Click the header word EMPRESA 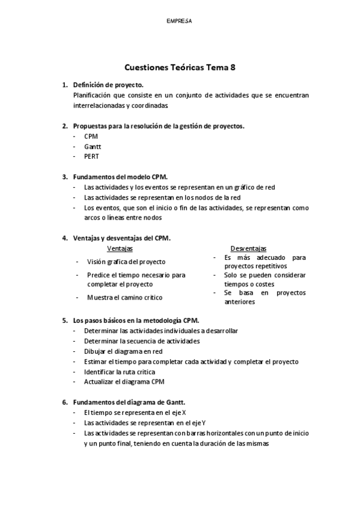click(x=180, y=21)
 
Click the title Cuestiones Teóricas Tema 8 click(x=180, y=68)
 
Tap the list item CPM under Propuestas click(x=91, y=136)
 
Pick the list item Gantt click(x=93, y=146)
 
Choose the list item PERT click(x=92, y=156)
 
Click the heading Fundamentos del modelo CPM click(x=120, y=177)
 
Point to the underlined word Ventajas click(x=120, y=248)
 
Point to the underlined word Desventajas click(x=249, y=248)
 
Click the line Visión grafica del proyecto click(x=126, y=262)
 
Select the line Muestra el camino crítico click(x=124, y=297)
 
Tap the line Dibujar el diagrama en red click(x=124, y=351)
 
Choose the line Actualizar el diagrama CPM click(x=124, y=382)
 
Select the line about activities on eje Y click(x=145, y=423)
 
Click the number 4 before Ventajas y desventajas click(x=64, y=238)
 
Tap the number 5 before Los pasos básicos click(x=64, y=321)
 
